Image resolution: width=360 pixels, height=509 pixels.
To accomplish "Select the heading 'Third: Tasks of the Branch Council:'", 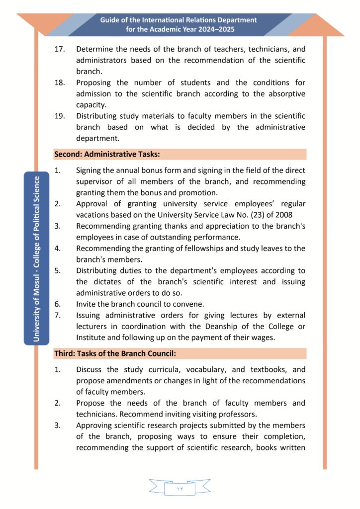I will tap(115, 354).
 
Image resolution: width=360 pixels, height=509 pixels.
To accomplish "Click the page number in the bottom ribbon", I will tap(180, 489).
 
